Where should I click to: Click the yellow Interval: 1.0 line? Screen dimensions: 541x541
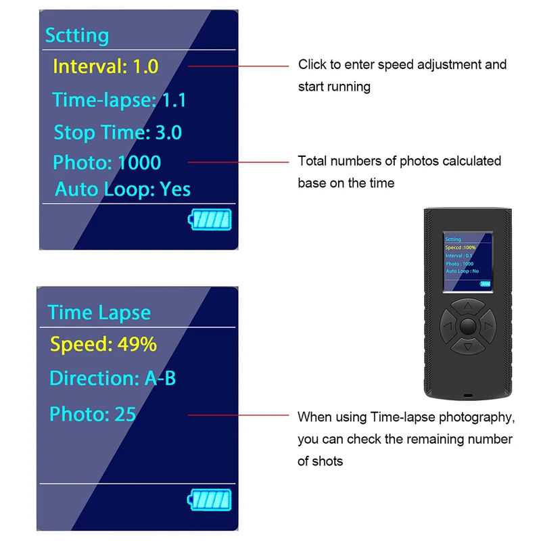tap(105, 66)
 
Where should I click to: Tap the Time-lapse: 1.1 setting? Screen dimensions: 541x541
tap(119, 100)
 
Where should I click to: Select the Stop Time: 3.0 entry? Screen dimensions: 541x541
tap(118, 133)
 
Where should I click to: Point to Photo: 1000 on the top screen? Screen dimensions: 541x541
tap(107, 162)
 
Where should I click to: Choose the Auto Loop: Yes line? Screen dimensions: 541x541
tap(123, 189)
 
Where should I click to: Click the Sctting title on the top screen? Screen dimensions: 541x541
tap(77, 36)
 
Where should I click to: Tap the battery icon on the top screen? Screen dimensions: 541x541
tap(210, 219)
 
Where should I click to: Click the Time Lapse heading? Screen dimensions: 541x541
tap(99, 312)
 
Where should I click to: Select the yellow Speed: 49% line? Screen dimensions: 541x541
tap(103, 344)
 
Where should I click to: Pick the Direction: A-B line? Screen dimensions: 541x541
tap(113, 378)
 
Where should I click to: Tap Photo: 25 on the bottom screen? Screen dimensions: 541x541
tap(93, 414)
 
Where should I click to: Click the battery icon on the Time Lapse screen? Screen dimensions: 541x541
tap(210, 500)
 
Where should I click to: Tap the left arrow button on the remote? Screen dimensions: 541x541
tap(448, 326)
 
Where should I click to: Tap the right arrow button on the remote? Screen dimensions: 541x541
tap(488, 326)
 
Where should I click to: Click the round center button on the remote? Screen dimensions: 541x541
tap(468, 327)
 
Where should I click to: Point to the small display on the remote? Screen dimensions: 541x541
tap(468, 262)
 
